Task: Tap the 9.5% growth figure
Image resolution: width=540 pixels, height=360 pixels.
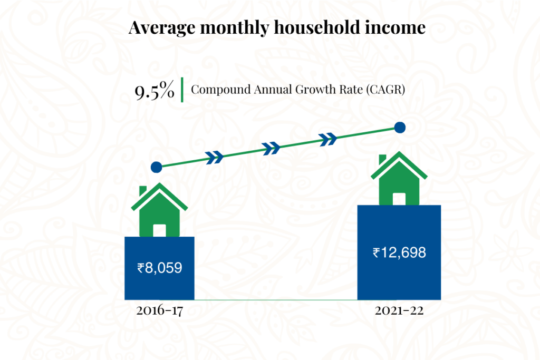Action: click(x=154, y=91)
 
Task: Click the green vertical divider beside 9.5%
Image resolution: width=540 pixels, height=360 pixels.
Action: click(x=182, y=89)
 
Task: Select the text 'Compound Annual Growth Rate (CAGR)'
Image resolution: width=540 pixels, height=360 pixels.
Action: click(x=297, y=89)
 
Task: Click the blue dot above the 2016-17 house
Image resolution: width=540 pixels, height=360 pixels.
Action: click(x=156, y=168)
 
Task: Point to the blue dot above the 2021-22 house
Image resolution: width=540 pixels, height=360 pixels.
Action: click(x=400, y=127)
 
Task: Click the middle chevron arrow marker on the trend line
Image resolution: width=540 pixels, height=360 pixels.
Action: click(x=272, y=147)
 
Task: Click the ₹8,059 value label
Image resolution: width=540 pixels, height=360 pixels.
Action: click(x=160, y=268)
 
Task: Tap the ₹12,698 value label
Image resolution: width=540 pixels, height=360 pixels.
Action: click(x=399, y=252)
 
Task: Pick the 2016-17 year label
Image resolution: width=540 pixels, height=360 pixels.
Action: click(x=159, y=311)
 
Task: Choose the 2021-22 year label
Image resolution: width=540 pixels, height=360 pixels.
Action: click(x=399, y=311)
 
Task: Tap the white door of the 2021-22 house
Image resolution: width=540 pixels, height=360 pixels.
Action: click(x=399, y=199)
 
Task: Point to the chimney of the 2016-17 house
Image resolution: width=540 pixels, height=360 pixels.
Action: click(x=143, y=190)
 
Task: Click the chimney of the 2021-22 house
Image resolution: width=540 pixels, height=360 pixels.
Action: click(x=382, y=159)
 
